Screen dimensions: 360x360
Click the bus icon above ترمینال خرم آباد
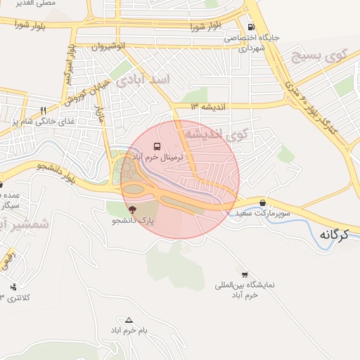(x=157, y=147)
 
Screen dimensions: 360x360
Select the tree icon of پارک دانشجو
(x=131, y=209)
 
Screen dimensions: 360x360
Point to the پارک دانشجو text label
(x=132, y=221)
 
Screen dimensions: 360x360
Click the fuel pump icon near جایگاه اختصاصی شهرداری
(x=251, y=27)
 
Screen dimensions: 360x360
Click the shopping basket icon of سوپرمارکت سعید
(x=262, y=202)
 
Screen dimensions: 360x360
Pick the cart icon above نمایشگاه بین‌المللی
(x=244, y=274)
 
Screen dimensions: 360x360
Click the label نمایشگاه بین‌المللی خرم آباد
(x=244, y=290)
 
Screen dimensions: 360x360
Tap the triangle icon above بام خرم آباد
(x=128, y=320)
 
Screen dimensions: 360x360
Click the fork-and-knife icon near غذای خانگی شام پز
(x=43, y=110)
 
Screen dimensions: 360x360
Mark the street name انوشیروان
(x=111, y=46)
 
